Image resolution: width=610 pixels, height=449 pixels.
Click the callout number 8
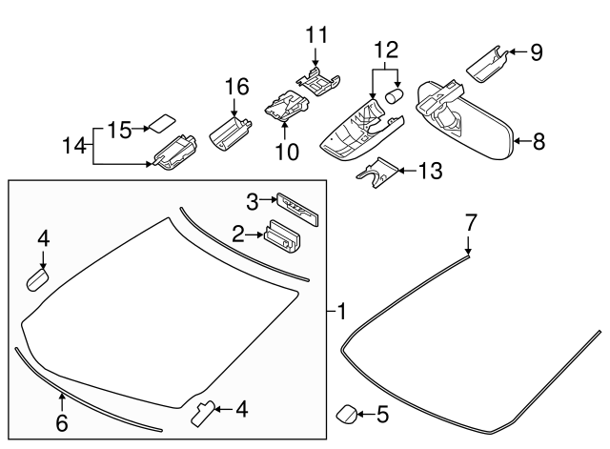(539, 142)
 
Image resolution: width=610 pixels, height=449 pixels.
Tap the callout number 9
(536, 52)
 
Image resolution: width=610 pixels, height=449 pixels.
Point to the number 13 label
(431, 172)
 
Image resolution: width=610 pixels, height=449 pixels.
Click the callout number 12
(387, 47)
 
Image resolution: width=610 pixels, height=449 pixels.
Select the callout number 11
(316, 35)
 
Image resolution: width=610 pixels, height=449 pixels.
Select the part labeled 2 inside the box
(282, 235)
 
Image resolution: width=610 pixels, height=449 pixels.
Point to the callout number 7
(470, 223)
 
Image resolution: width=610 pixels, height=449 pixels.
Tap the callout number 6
(62, 422)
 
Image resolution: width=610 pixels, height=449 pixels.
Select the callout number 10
(287, 150)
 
